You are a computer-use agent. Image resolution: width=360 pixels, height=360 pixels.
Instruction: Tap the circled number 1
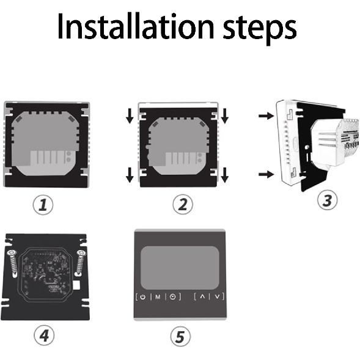[42, 205]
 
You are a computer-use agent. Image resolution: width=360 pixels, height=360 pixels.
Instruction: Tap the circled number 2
[181, 205]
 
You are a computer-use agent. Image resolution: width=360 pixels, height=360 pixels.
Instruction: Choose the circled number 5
[182, 336]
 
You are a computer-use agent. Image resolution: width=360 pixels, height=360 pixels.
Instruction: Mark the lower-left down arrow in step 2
[130, 175]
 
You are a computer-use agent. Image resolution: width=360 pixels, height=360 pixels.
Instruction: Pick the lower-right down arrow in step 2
[225, 175]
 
